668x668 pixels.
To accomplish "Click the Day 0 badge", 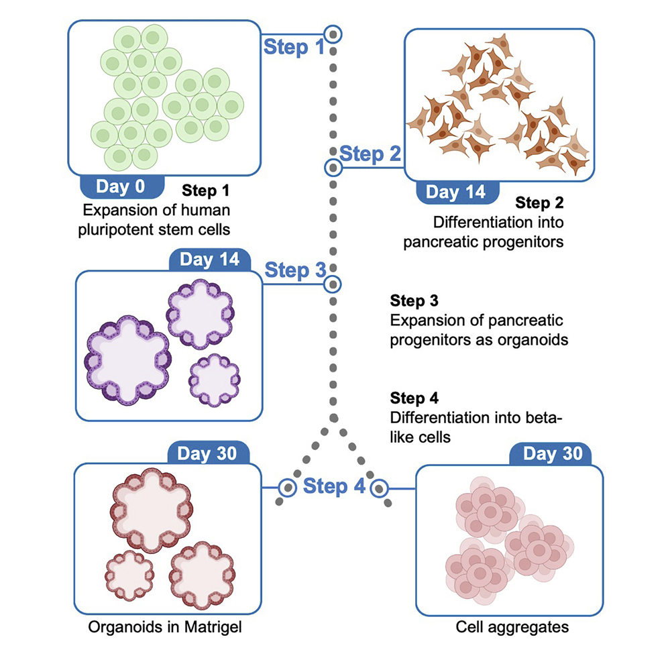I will [121, 186].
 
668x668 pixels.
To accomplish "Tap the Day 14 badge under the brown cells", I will [455, 192].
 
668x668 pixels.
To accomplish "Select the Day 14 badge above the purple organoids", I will [209, 260].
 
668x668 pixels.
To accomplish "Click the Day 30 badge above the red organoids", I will [207, 453].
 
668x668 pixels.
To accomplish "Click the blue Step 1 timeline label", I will [294, 47].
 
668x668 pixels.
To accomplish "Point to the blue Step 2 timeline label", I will [370, 154].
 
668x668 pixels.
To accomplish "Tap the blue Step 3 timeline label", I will [295, 271].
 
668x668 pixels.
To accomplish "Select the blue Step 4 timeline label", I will [333, 486].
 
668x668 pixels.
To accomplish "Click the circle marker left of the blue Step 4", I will [287, 486].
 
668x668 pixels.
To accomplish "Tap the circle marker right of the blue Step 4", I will [380, 486].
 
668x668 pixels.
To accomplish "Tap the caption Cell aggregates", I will [512, 628].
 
